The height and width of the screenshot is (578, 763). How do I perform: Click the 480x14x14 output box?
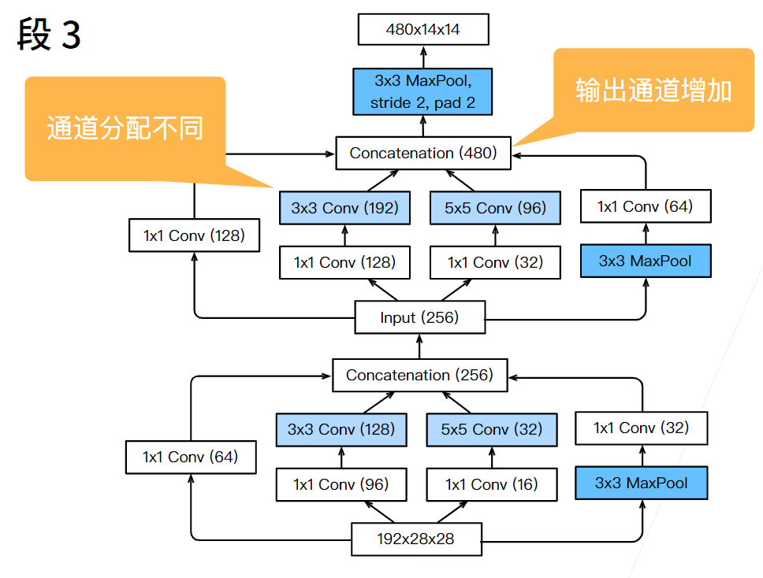422,30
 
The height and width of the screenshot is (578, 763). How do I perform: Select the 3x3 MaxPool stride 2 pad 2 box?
422,91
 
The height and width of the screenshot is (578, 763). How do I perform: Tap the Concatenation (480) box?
423,153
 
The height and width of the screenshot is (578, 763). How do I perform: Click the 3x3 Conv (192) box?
344,209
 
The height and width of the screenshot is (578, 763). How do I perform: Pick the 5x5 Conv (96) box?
495,209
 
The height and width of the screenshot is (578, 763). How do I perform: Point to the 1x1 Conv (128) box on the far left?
194,235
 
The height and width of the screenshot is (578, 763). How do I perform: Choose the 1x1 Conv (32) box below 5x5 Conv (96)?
495,262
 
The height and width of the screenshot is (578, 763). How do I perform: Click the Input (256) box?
419,318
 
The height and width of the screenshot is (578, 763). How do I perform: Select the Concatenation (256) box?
419,375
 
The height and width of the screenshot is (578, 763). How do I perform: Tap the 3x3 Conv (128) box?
341,430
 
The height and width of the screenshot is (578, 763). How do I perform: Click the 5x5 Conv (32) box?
491,430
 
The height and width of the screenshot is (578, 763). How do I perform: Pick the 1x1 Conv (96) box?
341,484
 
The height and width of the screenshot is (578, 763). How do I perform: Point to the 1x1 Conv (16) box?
491,484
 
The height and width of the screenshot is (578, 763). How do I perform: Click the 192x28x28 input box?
415,539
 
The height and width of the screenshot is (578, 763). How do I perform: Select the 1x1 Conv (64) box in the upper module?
646,207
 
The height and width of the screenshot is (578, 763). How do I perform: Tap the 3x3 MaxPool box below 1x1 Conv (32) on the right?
641,483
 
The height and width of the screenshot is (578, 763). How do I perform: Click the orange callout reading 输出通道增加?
653,90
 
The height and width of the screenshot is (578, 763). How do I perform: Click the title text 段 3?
49,35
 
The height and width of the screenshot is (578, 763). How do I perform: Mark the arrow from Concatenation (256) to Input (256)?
419,346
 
